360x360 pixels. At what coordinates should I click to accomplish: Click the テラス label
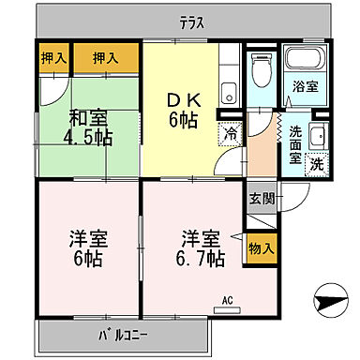tap(192, 22)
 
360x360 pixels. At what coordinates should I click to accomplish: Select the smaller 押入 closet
tap(54, 58)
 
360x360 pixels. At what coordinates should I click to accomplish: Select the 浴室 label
tap(304, 87)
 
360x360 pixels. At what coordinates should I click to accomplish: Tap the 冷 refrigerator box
tap(229, 133)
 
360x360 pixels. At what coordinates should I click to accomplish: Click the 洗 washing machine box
tap(316, 162)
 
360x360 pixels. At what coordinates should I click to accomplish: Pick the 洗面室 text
tap(296, 145)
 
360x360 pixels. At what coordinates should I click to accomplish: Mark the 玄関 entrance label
tap(262, 200)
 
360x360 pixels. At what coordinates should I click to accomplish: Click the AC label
tap(227, 301)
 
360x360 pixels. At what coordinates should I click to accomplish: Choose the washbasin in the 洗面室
tap(317, 134)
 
